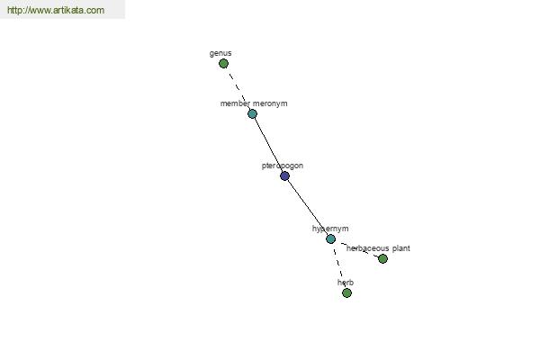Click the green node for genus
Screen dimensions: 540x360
[223, 63]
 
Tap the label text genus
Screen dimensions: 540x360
[220, 53]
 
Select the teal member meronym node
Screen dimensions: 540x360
[252, 113]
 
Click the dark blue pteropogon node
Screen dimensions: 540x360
[284, 176]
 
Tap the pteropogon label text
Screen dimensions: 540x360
[283, 166]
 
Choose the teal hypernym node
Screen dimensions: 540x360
[330, 238]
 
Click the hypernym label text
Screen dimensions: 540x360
[330, 229]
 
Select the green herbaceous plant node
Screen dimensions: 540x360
[382, 258]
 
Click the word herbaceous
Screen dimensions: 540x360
[367, 248]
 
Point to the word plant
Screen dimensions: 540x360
[400, 248]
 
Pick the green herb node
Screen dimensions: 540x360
[346, 292]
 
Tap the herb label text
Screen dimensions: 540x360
[346, 283]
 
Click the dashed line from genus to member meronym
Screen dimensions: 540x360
[238, 88]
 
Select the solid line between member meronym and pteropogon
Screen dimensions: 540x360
[268, 145]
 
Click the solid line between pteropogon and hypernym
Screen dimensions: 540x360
[308, 207]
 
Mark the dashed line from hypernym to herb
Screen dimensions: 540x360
[339, 266]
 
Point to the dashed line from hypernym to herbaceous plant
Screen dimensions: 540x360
[358, 249]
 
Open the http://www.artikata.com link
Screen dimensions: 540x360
[56, 10]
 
